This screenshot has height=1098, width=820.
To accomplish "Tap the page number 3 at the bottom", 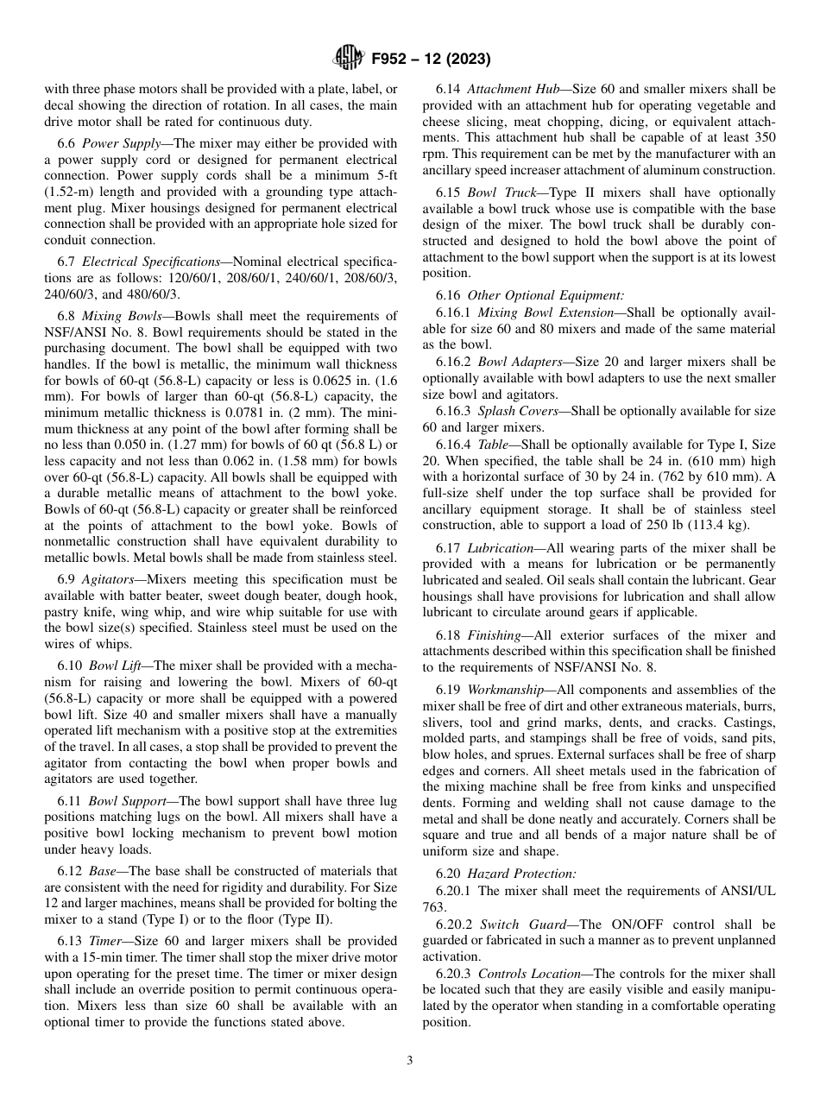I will click(409, 1061).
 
